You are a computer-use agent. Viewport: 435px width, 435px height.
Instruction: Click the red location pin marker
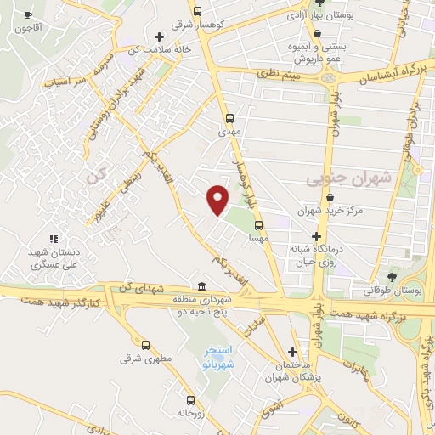click(x=218, y=199)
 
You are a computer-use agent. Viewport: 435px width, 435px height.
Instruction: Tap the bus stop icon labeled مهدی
click(x=229, y=118)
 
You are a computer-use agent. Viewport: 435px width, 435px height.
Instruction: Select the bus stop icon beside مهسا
click(x=258, y=226)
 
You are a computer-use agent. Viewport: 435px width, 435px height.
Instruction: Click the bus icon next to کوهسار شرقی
click(x=197, y=12)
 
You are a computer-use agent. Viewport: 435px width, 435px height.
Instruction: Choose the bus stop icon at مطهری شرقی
click(x=146, y=345)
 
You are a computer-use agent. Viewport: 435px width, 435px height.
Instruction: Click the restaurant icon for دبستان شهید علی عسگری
click(x=54, y=240)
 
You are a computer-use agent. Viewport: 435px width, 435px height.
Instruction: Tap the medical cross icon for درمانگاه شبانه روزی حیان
click(x=316, y=236)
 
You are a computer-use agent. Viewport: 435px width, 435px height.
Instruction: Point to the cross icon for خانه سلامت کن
click(x=158, y=36)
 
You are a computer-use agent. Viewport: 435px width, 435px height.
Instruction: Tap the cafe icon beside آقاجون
click(x=28, y=14)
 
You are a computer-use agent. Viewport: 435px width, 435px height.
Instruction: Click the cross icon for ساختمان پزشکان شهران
click(x=293, y=352)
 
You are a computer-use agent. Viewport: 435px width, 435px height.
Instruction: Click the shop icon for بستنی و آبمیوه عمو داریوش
click(x=317, y=35)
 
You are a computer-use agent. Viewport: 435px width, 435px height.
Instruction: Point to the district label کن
click(x=94, y=177)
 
